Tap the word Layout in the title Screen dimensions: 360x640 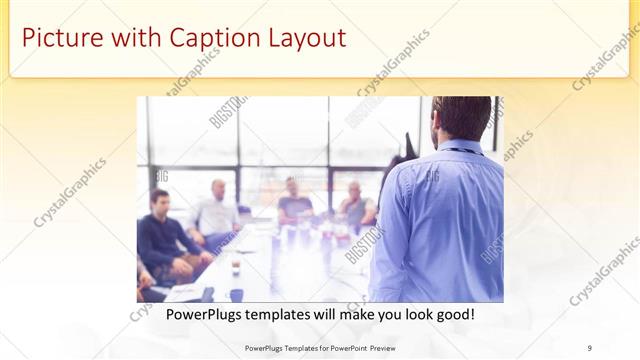304,39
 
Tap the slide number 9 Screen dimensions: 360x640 590,347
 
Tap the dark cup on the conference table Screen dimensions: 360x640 235,268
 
